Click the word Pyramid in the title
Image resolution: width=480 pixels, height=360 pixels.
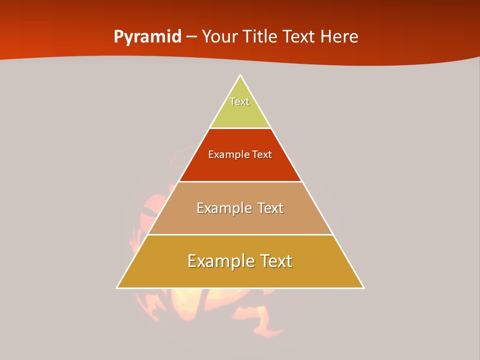147,37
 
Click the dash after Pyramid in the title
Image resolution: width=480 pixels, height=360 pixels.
191,37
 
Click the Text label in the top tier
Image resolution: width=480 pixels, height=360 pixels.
239,101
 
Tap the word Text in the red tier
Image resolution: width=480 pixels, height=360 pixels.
262,155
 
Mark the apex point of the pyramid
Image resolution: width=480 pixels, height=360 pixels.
240,75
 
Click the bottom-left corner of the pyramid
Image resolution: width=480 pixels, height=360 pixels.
117,288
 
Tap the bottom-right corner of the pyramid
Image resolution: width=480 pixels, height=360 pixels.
363,288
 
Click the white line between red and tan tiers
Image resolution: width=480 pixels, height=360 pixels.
240,181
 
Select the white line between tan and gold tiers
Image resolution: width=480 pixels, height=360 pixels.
240,235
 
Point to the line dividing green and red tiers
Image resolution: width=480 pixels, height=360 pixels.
240,128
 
